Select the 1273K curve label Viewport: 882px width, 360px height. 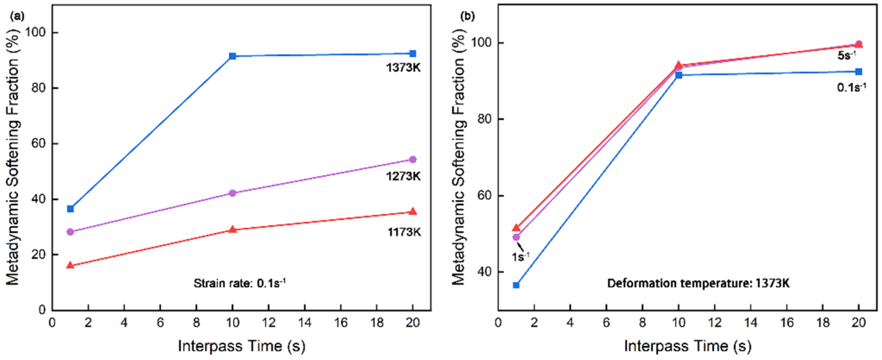(x=403, y=176)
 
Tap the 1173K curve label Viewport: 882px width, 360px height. (x=404, y=232)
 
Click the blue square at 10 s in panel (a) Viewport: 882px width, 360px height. (x=232, y=56)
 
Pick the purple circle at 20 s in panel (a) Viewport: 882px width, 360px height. (x=413, y=159)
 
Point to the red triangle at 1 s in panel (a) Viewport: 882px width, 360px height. (x=70, y=265)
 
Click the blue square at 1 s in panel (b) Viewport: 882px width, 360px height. (x=516, y=285)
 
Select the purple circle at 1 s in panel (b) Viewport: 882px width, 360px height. (x=516, y=237)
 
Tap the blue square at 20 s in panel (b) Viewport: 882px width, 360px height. (x=859, y=71)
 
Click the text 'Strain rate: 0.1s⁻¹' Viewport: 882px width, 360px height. (x=239, y=283)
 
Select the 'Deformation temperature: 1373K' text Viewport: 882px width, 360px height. (x=699, y=283)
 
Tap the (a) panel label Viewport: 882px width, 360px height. (x=17, y=16)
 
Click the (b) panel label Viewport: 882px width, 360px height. (x=468, y=16)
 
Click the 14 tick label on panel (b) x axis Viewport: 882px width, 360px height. (x=751, y=322)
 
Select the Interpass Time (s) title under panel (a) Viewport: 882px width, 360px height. (x=241, y=346)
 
